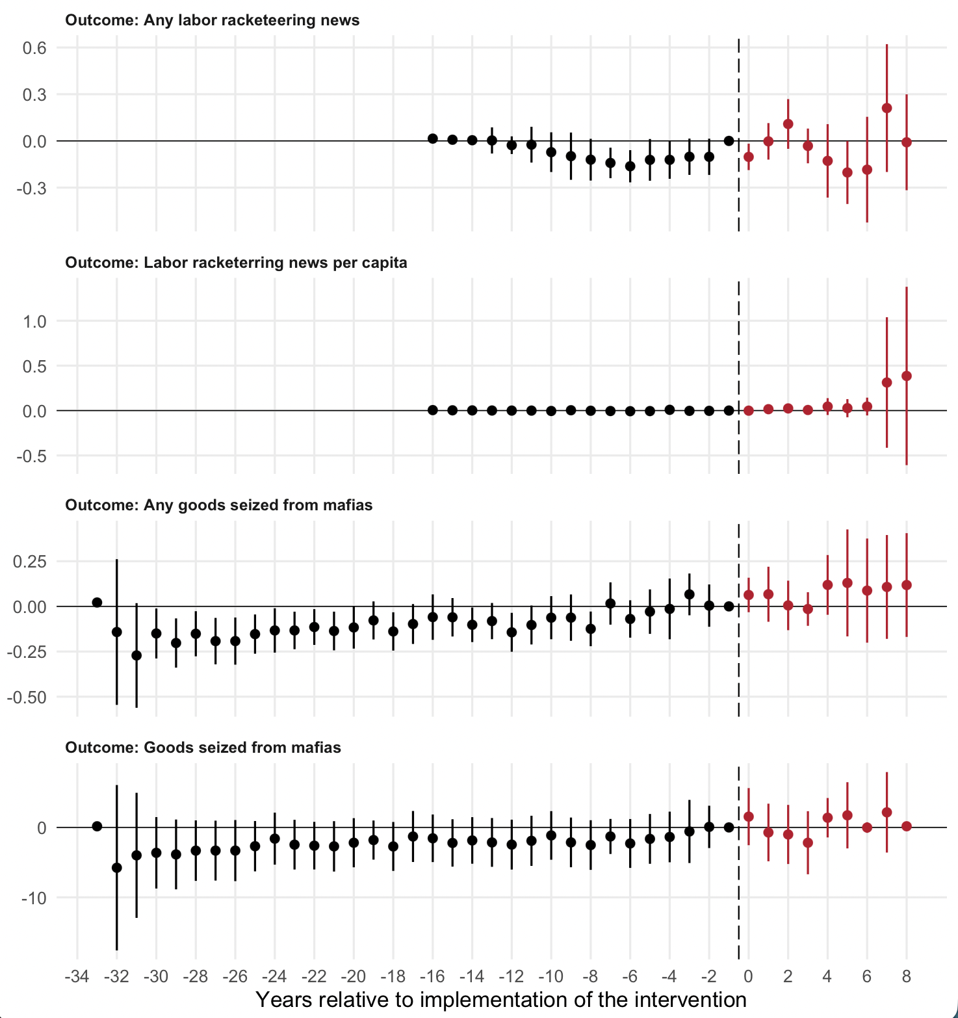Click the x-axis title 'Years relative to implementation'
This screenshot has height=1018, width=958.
(x=500, y=999)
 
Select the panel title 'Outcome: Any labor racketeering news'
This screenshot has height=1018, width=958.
(x=212, y=20)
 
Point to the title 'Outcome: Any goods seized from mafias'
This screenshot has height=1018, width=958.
(x=218, y=505)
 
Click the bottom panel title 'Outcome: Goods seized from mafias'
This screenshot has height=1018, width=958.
(x=203, y=748)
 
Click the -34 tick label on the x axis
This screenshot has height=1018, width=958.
(x=77, y=976)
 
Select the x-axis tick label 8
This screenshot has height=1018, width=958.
(x=907, y=976)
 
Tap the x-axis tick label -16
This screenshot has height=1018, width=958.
(x=432, y=976)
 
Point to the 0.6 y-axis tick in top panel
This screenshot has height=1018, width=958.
(x=34, y=47)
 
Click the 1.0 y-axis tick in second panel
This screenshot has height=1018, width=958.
(x=34, y=321)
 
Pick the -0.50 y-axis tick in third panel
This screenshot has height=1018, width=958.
(x=26, y=697)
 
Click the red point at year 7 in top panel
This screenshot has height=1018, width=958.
(x=887, y=108)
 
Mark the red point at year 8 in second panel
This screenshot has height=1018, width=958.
(x=907, y=376)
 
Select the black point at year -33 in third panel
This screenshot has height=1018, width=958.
(x=97, y=603)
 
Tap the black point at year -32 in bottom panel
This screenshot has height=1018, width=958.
(x=117, y=868)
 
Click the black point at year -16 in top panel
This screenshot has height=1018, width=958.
(x=433, y=138)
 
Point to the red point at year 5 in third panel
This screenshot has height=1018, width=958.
(x=847, y=583)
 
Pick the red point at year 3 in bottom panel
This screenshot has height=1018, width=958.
(x=808, y=842)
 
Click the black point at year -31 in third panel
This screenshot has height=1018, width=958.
(x=136, y=655)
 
